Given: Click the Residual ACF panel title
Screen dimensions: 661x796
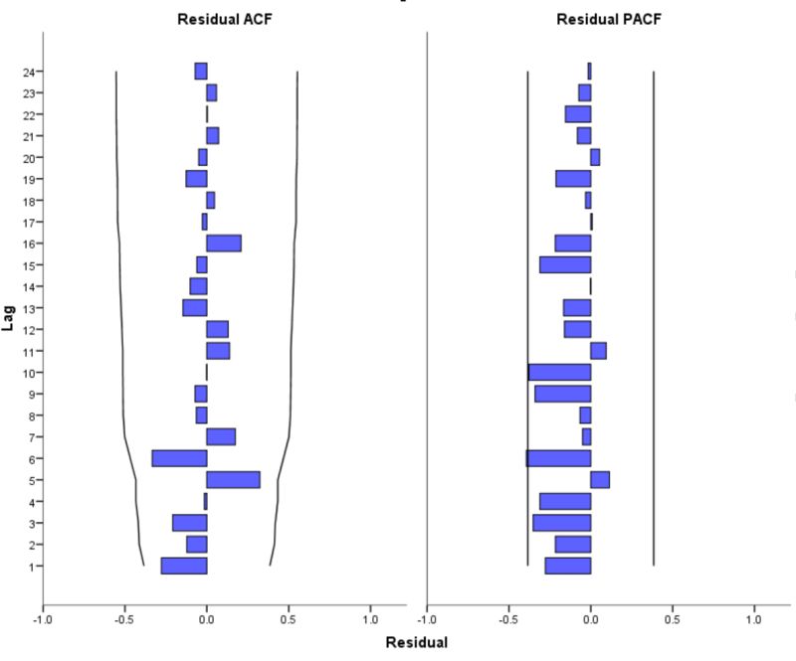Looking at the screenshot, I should coord(224,19).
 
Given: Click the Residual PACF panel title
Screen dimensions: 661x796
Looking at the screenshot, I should coord(608,19).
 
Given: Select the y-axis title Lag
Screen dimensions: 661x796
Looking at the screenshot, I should coord(9,319).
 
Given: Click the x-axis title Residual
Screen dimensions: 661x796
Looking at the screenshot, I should coord(417,642).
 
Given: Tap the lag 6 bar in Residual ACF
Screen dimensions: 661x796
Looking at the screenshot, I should coord(179,458).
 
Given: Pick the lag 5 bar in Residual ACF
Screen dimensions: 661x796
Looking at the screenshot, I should coord(233,480).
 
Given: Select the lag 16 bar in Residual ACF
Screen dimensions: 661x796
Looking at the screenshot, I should coord(224,244).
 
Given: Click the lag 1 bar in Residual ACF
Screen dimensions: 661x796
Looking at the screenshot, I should coord(184,566).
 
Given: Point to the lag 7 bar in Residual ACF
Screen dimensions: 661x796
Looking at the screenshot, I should coord(221,436).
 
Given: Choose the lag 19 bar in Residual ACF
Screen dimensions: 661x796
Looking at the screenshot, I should coord(196,179).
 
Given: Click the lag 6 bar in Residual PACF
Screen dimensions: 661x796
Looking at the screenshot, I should coord(558,458).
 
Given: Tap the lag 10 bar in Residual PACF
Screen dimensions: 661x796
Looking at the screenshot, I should coord(559,372).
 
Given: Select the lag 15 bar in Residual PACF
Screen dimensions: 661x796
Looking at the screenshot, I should coord(565,264).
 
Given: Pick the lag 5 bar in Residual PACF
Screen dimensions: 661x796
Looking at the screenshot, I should coord(600,480).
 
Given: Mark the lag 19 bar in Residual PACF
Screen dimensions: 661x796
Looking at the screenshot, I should coord(573,179).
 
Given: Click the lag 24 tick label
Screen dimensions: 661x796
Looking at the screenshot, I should coord(29,72).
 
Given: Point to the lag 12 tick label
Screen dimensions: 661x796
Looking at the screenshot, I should coord(29,329).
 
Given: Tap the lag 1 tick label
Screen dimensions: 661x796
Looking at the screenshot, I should coord(32,567).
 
